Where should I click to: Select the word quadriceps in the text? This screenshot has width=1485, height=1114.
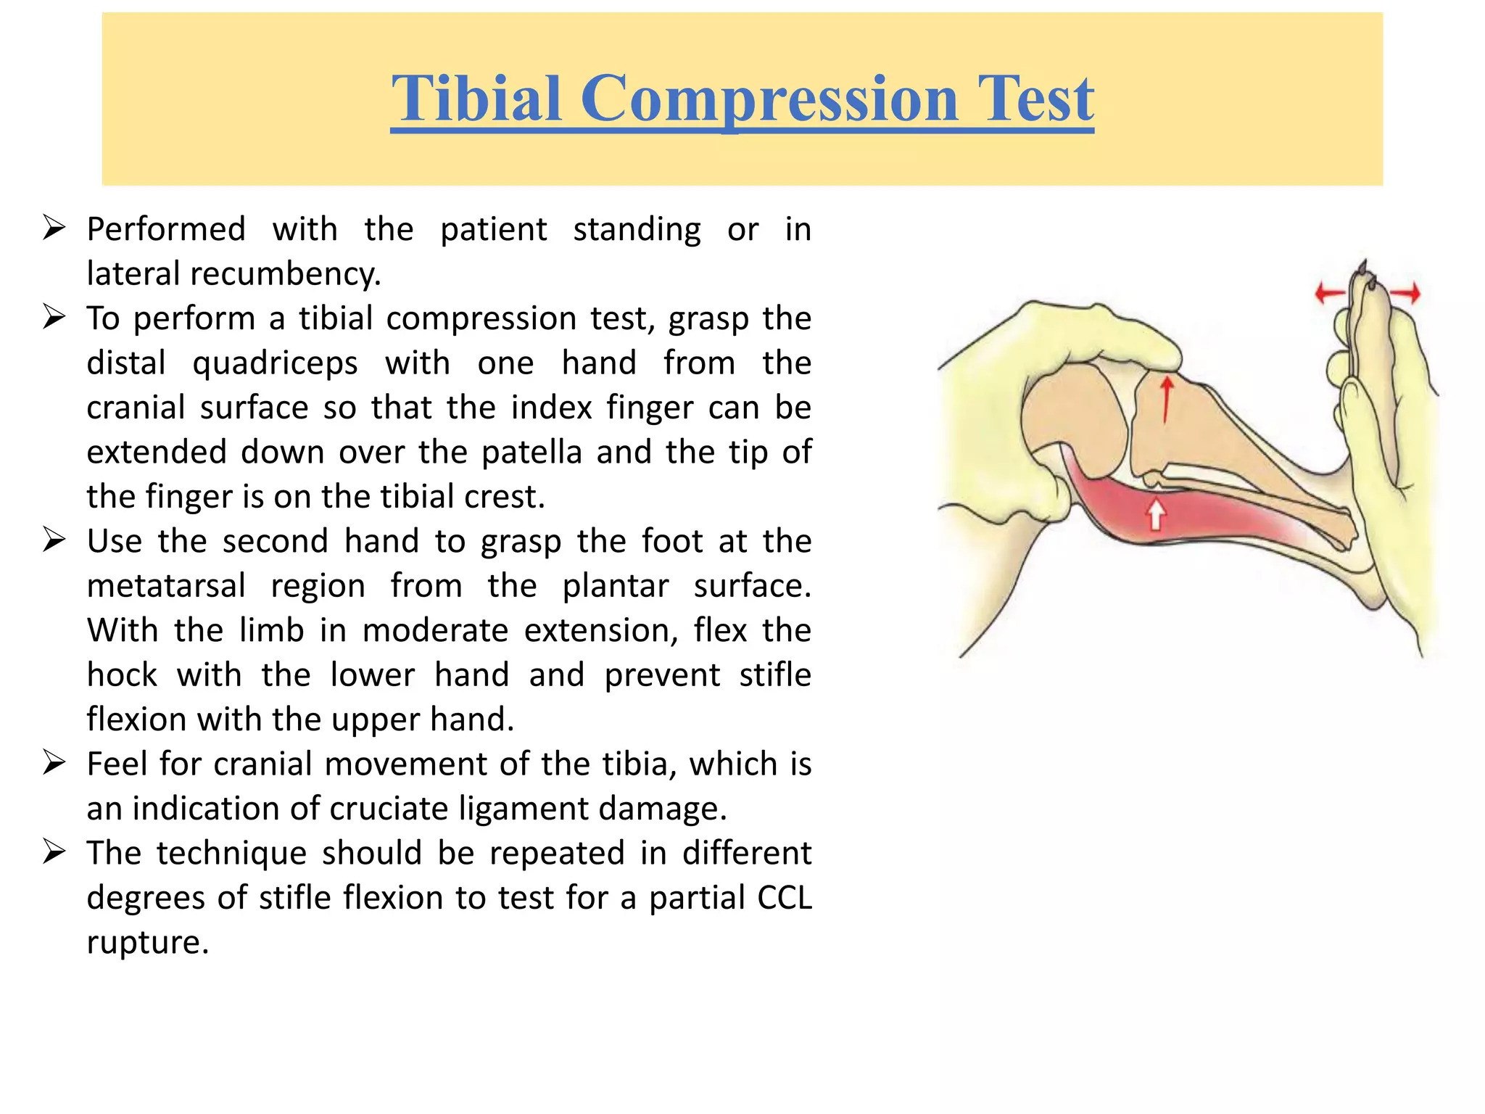click(x=275, y=363)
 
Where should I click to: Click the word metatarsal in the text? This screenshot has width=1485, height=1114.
click(x=166, y=586)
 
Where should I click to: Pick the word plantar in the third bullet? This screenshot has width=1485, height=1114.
click(x=615, y=586)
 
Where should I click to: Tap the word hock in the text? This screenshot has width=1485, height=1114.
click(x=122, y=675)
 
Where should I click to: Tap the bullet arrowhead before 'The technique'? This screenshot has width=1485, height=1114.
click(x=54, y=851)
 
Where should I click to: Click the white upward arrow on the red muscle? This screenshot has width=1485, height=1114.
click(x=1156, y=514)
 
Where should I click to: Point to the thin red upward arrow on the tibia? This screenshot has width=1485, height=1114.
click(x=1166, y=399)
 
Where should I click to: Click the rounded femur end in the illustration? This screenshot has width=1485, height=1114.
click(x=1073, y=421)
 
